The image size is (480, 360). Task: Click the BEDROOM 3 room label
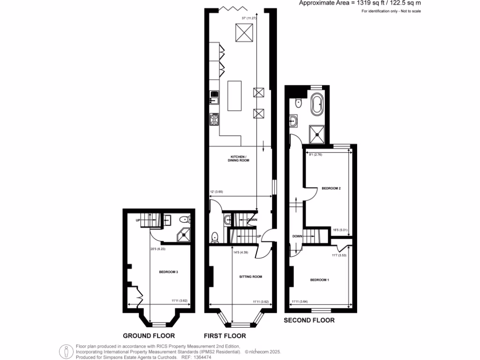click(x=168, y=272)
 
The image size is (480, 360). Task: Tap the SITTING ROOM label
click(x=250, y=277)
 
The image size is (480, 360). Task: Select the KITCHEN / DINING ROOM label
click(x=239, y=158)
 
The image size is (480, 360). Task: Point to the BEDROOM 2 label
click(x=330, y=188)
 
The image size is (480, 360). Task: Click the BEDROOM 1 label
click(x=320, y=280)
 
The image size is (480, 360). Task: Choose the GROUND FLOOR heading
click(x=149, y=336)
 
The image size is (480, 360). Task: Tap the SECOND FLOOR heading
click(x=309, y=321)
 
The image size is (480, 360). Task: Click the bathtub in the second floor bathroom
click(x=317, y=105)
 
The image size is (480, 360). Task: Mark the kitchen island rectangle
click(x=235, y=96)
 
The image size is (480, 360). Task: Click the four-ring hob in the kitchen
click(x=215, y=120)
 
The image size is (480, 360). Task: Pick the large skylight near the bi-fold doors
click(x=244, y=33)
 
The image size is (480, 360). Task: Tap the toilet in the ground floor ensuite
click(x=186, y=219)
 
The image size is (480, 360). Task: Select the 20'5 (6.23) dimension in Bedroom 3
click(x=158, y=249)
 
